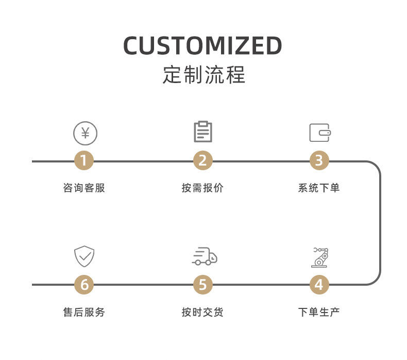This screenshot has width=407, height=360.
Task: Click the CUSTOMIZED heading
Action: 202,46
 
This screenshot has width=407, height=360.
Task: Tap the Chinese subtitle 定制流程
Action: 203,75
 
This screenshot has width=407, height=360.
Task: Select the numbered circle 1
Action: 84,161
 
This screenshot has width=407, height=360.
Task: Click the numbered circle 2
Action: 202,161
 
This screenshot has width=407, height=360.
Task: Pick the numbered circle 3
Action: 319,161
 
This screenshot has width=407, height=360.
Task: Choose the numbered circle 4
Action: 319,284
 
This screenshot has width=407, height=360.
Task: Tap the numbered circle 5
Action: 202,284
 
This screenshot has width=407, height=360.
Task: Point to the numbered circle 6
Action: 84,284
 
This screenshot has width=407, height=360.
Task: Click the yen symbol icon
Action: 85,133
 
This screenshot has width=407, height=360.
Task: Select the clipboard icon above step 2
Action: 203,132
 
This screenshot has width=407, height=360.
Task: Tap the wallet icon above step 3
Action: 319,133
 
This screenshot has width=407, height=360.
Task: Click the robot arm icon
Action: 319,257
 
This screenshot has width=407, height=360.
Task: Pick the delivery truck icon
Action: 204,256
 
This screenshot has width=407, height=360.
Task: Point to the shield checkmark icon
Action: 84,256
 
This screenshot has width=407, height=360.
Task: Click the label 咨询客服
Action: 84,188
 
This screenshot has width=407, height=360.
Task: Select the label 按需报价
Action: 202,188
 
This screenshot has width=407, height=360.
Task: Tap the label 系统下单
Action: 319,188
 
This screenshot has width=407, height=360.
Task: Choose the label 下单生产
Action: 319,312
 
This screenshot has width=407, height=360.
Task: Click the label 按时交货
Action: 202,312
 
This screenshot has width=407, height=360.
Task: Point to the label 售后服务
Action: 84,312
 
